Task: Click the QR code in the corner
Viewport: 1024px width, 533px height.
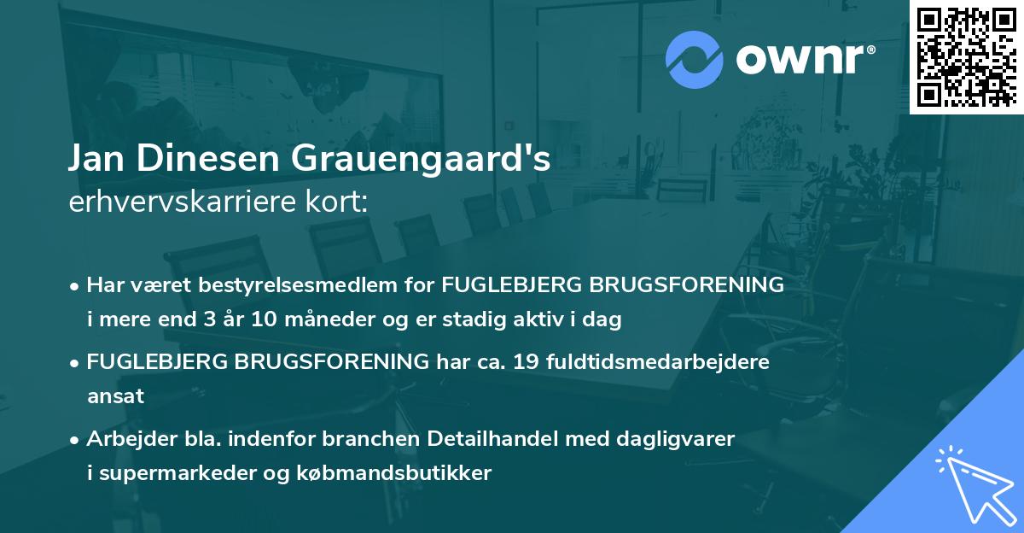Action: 967,56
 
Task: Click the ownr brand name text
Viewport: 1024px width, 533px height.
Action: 803,59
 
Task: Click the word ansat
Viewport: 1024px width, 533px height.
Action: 115,396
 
